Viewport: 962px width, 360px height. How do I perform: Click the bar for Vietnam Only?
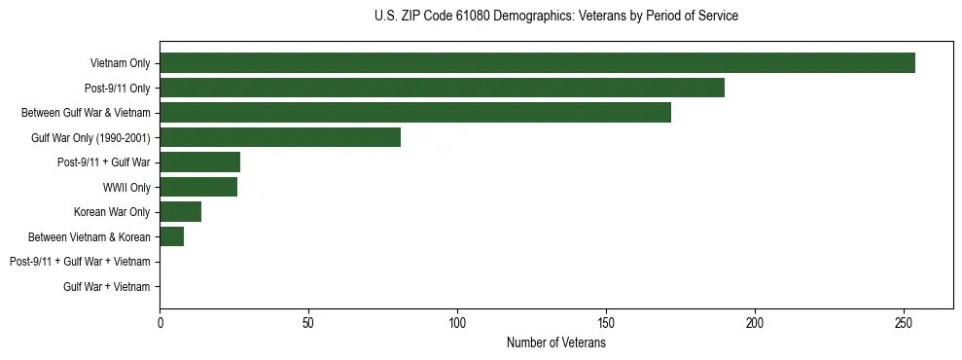(x=537, y=63)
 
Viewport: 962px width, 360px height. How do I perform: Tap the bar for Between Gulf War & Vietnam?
(x=415, y=113)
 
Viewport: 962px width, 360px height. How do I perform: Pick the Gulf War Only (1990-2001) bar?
(x=280, y=137)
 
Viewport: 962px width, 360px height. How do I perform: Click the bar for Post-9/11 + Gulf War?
(x=199, y=162)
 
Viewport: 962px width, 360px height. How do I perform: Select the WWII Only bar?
(x=198, y=187)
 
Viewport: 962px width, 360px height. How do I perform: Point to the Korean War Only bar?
(x=180, y=212)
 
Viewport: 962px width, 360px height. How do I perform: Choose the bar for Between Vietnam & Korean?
(x=171, y=236)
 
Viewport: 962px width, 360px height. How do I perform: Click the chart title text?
(x=555, y=17)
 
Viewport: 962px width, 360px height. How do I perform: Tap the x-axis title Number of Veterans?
(x=555, y=343)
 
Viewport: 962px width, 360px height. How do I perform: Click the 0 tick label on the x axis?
(x=160, y=324)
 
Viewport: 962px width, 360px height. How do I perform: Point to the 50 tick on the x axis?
(x=308, y=324)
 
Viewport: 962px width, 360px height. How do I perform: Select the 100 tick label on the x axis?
(x=457, y=324)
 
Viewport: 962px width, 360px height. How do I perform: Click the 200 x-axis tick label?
(x=755, y=324)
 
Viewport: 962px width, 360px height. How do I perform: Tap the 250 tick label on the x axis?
(x=904, y=324)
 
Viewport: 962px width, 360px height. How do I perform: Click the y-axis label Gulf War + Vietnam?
(x=106, y=287)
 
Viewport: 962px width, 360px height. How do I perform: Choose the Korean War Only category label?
(x=112, y=212)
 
